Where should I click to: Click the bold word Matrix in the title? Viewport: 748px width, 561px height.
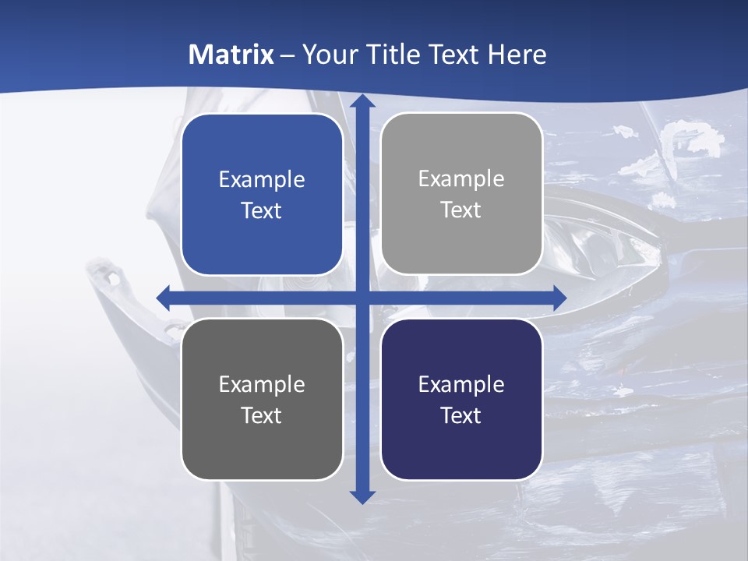[231, 55]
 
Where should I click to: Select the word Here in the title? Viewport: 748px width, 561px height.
[517, 55]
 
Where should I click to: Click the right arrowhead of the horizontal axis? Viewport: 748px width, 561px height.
[559, 298]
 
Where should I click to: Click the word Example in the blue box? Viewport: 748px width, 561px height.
[262, 180]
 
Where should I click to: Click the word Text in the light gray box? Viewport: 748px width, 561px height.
[461, 210]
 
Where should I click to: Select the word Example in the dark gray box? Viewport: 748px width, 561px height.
[262, 384]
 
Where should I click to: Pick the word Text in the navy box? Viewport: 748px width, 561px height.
[461, 415]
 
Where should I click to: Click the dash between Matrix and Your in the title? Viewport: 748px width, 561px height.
[288, 55]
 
